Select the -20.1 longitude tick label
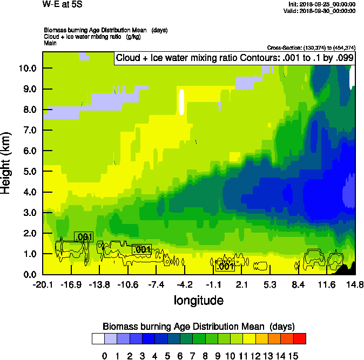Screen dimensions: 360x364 pyautogui.click(x=42, y=284)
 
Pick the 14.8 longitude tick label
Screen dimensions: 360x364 pyautogui.click(x=355, y=284)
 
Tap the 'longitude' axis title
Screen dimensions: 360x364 pyautogui.click(x=198, y=300)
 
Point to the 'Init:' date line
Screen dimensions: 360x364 pyautogui.click(x=322, y=4)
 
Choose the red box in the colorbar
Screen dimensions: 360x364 pyautogui.click(x=300, y=338)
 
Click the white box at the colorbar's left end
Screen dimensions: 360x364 pyautogui.click(x=98, y=338)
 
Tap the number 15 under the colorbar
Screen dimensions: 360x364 pyautogui.click(x=293, y=356)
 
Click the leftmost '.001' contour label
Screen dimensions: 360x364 pyautogui.click(x=84, y=236)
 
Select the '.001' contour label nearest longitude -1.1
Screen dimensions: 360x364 pyautogui.click(x=225, y=266)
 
